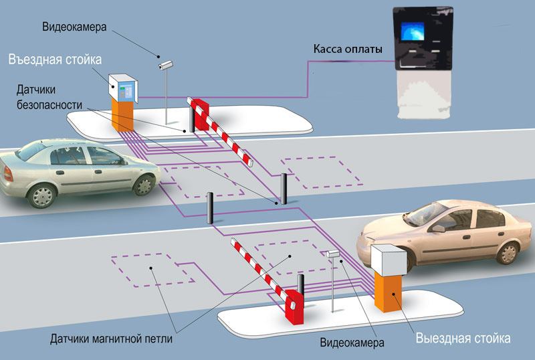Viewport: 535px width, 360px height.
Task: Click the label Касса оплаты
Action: [x=348, y=50]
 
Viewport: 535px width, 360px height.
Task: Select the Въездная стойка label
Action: [x=55, y=60]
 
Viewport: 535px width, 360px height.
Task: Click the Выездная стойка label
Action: [x=463, y=338]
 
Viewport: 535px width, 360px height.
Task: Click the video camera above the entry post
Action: [x=165, y=65]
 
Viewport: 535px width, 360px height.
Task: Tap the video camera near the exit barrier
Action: [x=333, y=254]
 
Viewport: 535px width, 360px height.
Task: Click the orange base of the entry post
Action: [x=122, y=114]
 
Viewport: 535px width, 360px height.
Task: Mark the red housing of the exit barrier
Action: [x=293, y=304]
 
